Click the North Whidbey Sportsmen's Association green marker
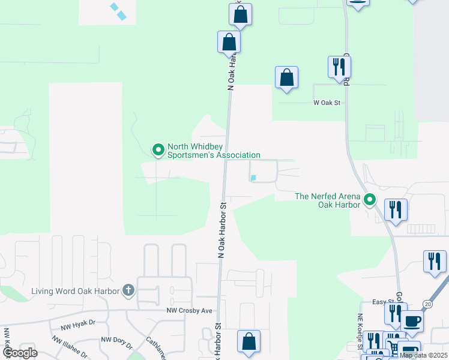pyautogui.click(x=158, y=149)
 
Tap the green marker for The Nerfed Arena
pyautogui.click(x=370, y=199)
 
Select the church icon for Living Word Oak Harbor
pyautogui.click(x=128, y=291)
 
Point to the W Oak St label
pyautogui.click(x=327, y=103)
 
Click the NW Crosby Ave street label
pyautogui.click(x=190, y=311)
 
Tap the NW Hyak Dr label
pyautogui.click(x=78, y=325)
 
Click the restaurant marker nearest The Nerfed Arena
pyautogui.click(x=396, y=209)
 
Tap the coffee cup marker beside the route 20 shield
pyautogui.click(x=412, y=320)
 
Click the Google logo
pyautogui.click(x=20, y=353)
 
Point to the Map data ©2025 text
pyautogui.click(x=423, y=355)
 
